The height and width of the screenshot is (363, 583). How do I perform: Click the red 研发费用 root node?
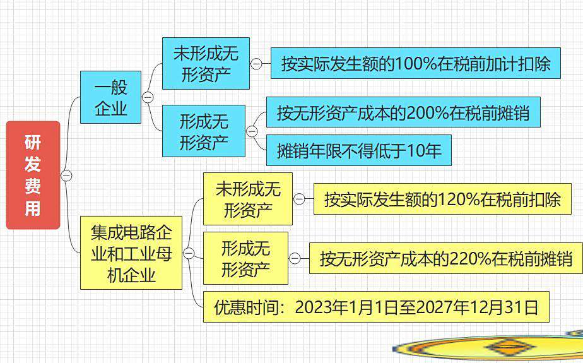pyautogui.click(x=33, y=175)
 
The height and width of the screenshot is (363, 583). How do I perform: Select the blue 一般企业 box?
pyautogui.click(x=111, y=97)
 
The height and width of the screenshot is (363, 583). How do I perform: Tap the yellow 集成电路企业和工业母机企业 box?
pyautogui.click(x=131, y=253)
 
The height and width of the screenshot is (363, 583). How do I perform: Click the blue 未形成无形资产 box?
pyautogui.click(x=206, y=63)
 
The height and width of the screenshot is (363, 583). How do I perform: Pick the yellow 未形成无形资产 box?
pyautogui.click(x=248, y=199)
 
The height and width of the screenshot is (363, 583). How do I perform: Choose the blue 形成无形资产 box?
pyautogui.click(x=204, y=131)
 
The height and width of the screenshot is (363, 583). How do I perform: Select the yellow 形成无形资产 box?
pyautogui.click(x=246, y=258)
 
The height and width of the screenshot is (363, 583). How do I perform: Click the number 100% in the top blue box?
pyautogui.click(x=415, y=64)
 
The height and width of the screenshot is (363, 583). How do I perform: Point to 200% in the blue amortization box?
pyautogui.click(x=427, y=112)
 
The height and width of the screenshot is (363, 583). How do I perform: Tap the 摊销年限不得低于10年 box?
pyautogui.click(x=359, y=150)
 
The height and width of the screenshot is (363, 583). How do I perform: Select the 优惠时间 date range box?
pyautogui.click(x=376, y=307)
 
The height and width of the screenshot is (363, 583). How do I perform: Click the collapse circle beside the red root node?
pyautogui.click(x=66, y=175)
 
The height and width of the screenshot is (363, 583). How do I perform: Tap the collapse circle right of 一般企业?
pyautogui.click(x=148, y=97)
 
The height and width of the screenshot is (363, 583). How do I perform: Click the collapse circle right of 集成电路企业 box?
pyautogui.click(x=189, y=254)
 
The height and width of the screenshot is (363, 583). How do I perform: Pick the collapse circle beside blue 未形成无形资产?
pyautogui.click(x=256, y=64)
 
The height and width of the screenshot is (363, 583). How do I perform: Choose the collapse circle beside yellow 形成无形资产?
pyautogui.click(x=295, y=258)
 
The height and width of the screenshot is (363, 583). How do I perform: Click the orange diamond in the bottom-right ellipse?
pyautogui.click(x=510, y=347)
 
